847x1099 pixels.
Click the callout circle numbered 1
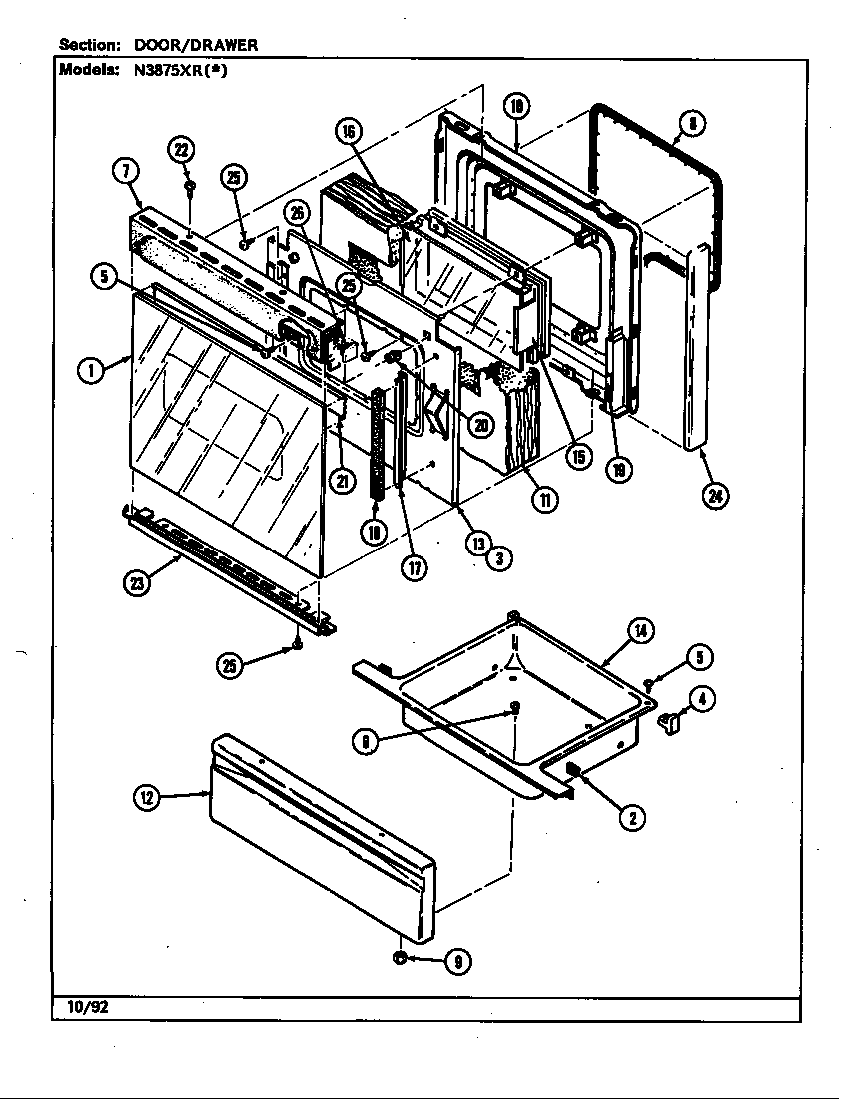[91, 369]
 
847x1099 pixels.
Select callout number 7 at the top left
[125, 171]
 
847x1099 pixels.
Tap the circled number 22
[182, 151]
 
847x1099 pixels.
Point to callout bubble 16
[349, 133]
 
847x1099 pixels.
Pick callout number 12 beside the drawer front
[148, 796]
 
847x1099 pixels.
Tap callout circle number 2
[631, 818]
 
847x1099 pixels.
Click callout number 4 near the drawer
[703, 700]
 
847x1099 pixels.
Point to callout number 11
[544, 500]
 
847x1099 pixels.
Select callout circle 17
[414, 567]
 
